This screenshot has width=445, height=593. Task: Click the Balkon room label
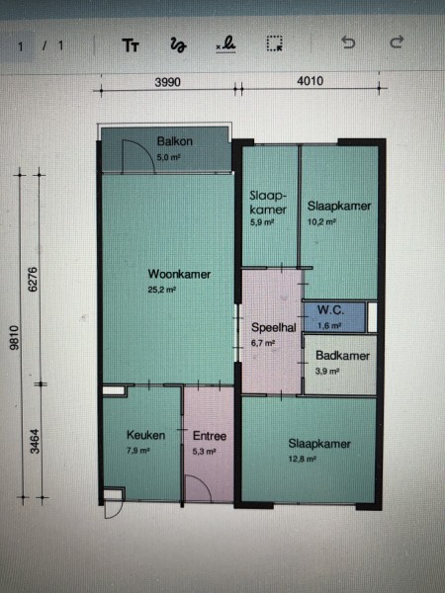pos(175,141)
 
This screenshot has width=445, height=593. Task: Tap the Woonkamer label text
pos(179,274)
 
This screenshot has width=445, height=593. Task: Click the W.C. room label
pos(330,310)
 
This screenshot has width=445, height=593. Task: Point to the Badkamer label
pos(342,356)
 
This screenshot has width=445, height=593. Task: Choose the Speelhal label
pos(274,327)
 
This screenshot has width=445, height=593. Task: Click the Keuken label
pos(145,435)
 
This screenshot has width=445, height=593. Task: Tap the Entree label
pos(210,436)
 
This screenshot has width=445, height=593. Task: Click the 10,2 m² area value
pos(321,222)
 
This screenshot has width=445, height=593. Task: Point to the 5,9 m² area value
pos(262,222)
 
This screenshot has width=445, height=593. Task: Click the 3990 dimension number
pos(168,82)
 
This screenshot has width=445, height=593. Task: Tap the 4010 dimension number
pos(311,81)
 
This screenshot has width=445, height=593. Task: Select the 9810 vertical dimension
pos(14,337)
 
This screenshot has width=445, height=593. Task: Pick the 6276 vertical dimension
pos(34,279)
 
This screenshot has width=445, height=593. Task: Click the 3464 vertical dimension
pos(36,442)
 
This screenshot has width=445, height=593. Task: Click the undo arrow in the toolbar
pos(348,42)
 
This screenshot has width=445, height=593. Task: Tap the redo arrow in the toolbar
pos(397,42)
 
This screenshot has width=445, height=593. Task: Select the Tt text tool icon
pos(131,45)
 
